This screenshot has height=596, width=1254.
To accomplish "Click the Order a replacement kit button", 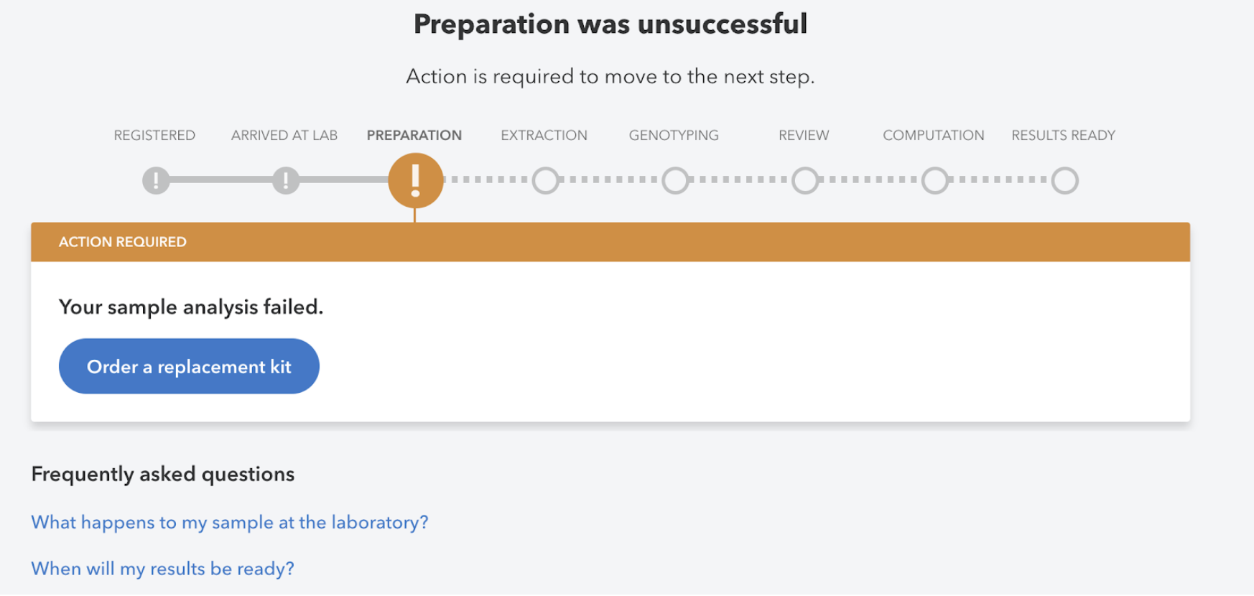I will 189,366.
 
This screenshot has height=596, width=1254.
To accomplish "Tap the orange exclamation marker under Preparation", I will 415,180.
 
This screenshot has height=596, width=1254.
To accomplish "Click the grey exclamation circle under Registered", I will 156,180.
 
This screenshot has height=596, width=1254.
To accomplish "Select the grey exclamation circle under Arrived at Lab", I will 286,180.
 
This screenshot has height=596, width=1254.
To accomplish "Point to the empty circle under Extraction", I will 545,180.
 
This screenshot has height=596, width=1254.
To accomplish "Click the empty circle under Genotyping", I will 675,180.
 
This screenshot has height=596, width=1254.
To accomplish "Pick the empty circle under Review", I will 805,180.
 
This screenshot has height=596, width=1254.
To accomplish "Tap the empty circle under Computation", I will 935,180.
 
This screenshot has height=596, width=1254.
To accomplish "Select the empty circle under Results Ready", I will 1064,180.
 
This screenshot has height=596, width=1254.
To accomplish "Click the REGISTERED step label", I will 154,135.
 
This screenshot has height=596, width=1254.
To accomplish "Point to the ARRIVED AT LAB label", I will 284,135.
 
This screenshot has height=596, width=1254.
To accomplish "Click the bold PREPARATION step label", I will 414,135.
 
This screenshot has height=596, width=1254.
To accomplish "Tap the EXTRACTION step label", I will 544,135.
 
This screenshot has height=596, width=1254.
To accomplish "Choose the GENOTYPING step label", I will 674,135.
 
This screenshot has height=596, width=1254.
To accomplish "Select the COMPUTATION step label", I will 933,135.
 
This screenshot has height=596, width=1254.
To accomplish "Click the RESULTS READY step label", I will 1063,135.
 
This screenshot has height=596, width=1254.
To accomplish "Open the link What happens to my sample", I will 230,522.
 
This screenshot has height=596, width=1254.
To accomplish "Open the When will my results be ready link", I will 163,569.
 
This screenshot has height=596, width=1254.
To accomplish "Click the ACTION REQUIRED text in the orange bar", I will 123,242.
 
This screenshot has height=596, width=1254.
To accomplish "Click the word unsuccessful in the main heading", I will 722,24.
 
